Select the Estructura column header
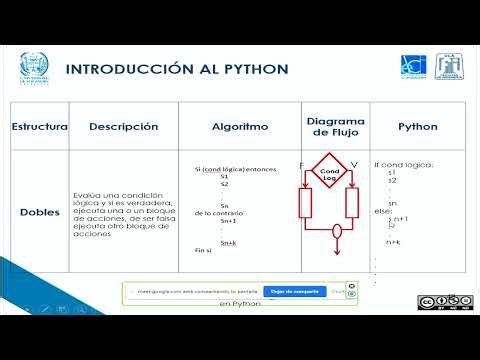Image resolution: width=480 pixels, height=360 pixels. coord(39,127)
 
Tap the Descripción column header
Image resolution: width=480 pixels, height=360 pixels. coord(124,127)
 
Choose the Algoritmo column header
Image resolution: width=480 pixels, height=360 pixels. coord(240,127)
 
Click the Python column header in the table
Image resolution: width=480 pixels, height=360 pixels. coord(418,127)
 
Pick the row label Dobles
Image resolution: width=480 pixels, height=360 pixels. coord(40,212)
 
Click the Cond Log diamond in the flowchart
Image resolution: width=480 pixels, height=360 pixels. coord(330,174)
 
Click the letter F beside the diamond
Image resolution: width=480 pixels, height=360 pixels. coord(301,164)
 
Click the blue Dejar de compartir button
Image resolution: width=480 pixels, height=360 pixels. coord(295,292)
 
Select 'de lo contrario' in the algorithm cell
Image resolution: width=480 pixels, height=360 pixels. coord(215,214)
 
